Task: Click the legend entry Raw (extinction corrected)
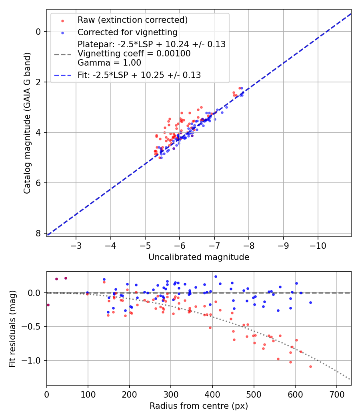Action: pyautogui.click(x=132, y=20)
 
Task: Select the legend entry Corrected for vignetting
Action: pyautogui.click(x=127, y=32)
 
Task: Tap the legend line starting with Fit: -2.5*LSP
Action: pyautogui.click(x=139, y=75)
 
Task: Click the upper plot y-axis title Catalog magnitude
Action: pyautogui.click(x=27, y=125)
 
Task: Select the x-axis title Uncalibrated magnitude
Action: pyautogui.click(x=199, y=257)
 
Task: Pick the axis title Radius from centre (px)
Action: pyautogui.click(x=199, y=406)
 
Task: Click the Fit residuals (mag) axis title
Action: pyautogui.click(x=12, y=329)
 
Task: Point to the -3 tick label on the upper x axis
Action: pyautogui.click(x=76, y=244)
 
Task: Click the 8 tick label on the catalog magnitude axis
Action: pyautogui.click(x=39, y=233)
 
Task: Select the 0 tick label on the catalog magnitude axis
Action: pyautogui.click(x=39, y=32)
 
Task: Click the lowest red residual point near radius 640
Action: pyautogui.click(x=310, y=366)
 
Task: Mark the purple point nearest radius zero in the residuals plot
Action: pyautogui.click(x=48, y=305)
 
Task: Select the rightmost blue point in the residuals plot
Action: pyautogui.click(x=310, y=302)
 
